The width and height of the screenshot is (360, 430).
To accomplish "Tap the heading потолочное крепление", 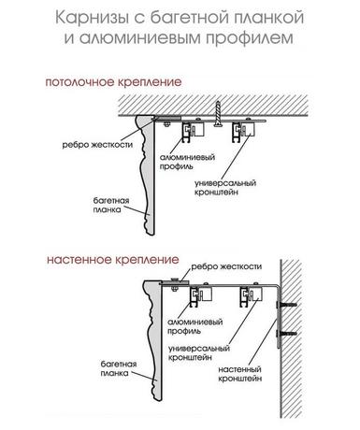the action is pyautogui.click(x=113, y=82).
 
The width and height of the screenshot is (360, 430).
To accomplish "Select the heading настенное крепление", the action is pyautogui.click(x=113, y=260).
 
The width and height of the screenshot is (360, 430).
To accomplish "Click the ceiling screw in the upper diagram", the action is pyautogui.click(x=218, y=114).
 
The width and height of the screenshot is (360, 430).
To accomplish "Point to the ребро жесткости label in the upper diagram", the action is pyautogui.click(x=97, y=145).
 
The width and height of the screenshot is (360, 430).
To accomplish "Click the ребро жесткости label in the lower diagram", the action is pyautogui.click(x=226, y=266).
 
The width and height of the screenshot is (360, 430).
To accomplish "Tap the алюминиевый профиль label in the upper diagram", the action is pyautogui.click(x=188, y=162).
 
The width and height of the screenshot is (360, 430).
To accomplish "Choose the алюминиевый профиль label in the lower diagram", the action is pyautogui.click(x=195, y=326).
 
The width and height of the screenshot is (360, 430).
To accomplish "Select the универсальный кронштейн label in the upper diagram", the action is pyautogui.click(x=225, y=187).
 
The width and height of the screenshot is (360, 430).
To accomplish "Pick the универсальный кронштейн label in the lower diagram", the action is pyautogui.click(x=199, y=352).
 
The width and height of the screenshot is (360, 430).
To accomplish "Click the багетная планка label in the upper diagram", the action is pyautogui.click(x=111, y=205).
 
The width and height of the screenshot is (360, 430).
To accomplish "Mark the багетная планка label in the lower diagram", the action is pyautogui.click(x=119, y=368).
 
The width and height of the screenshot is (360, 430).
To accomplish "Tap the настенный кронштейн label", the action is pyautogui.click(x=239, y=374).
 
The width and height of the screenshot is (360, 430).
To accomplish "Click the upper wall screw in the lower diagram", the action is pyautogui.click(x=286, y=304).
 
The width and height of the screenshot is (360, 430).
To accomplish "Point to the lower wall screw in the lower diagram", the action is pyautogui.click(x=286, y=334).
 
